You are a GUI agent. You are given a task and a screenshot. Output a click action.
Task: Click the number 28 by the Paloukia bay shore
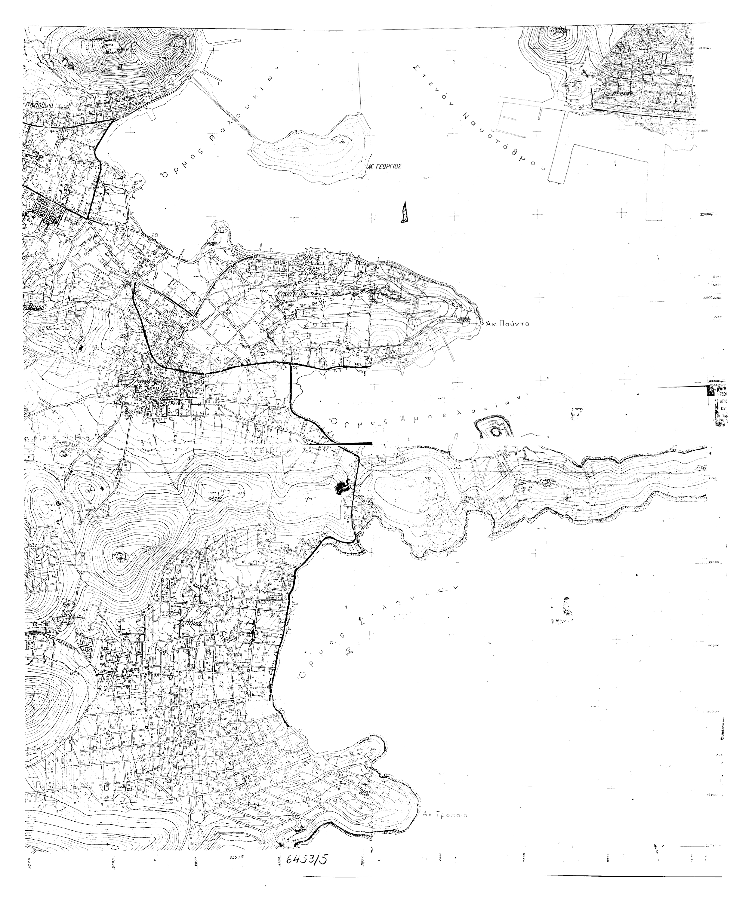pos(155,234)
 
